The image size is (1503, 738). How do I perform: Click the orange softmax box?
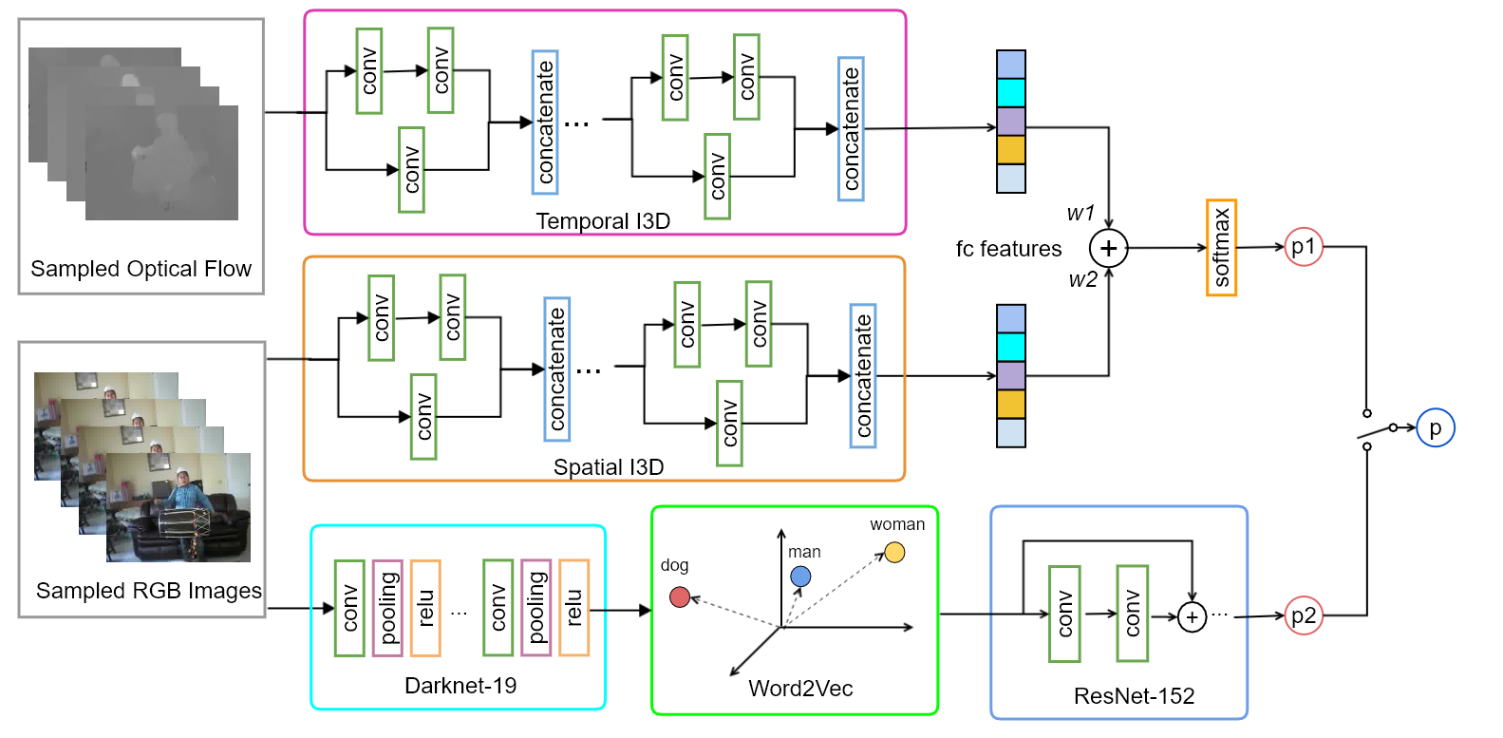click(1221, 248)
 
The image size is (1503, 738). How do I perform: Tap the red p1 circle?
click(1304, 247)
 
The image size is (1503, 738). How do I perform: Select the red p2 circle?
click(1304, 615)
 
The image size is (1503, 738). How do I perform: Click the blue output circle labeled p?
click(1435, 428)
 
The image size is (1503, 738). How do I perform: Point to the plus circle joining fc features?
click(1108, 249)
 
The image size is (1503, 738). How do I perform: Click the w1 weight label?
click(1080, 214)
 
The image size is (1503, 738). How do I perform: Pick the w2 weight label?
click(1082, 279)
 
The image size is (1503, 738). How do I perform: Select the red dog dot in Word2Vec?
click(680, 596)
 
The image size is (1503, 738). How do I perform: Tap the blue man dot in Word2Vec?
click(800, 577)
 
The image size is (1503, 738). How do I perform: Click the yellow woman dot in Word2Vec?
click(894, 552)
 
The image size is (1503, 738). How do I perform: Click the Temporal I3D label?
click(603, 221)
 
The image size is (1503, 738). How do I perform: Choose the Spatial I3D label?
click(609, 467)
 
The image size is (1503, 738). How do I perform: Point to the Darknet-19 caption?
click(460, 686)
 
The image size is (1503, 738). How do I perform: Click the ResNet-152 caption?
click(1134, 696)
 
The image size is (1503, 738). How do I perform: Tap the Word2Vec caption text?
click(800, 689)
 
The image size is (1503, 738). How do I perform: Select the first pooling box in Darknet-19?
click(387, 608)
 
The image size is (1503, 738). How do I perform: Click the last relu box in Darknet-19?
click(573, 608)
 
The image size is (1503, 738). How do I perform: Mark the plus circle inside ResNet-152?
click(1192, 617)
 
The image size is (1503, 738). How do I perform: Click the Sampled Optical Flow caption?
click(141, 269)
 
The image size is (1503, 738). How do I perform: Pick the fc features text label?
click(1008, 249)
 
